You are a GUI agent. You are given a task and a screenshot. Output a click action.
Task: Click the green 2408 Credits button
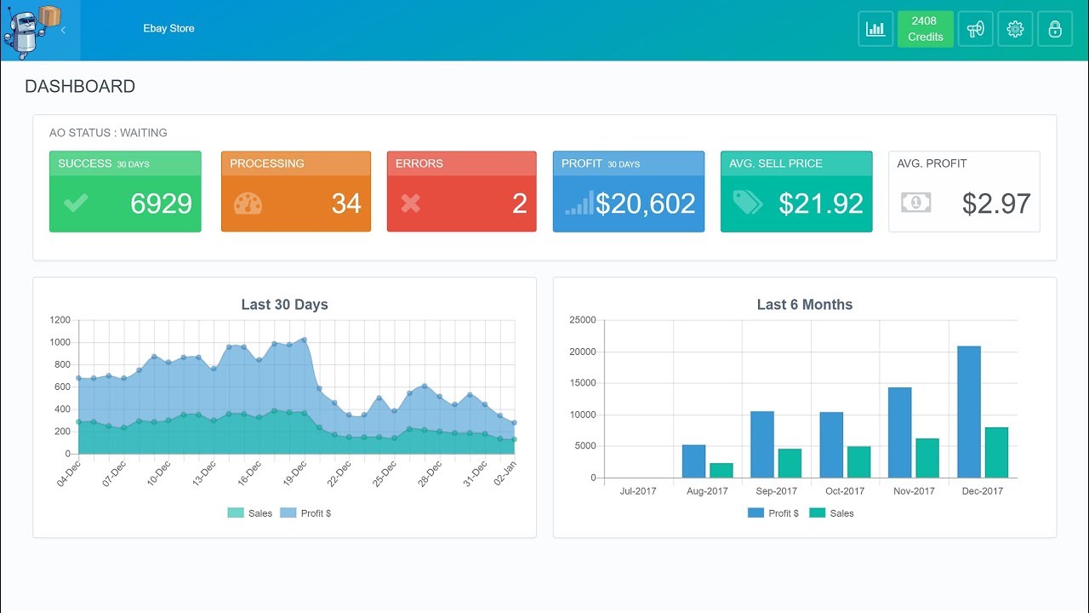(x=925, y=29)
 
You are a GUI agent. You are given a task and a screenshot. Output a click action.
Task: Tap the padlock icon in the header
(x=1055, y=29)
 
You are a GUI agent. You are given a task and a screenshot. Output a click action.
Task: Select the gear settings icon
(x=1015, y=29)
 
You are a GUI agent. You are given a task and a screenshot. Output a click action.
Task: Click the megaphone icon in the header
(x=975, y=29)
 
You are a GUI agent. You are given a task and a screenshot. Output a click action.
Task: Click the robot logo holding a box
(x=32, y=31)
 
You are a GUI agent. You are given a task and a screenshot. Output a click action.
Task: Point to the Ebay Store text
(x=168, y=28)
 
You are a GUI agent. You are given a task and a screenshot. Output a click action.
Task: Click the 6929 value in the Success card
(x=161, y=203)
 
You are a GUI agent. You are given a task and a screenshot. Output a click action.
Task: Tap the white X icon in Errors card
(x=411, y=203)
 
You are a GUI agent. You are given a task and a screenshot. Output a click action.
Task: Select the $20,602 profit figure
(x=645, y=203)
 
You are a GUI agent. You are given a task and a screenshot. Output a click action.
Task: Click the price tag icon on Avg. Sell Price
(x=747, y=203)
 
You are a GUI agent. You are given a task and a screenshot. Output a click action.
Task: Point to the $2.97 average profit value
(x=996, y=203)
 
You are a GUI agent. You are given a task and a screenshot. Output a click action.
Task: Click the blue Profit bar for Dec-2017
(x=969, y=412)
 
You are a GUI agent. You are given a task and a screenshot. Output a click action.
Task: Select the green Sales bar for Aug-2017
(x=721, y=470)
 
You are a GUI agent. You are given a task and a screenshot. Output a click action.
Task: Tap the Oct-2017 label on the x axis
(x=845, y=491)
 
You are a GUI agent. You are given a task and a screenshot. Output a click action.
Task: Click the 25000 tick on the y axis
(x=582, y=320)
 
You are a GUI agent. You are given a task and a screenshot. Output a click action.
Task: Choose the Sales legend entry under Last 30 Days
(x=250, y=513)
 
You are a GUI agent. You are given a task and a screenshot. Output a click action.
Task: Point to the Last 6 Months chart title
(x=804, y=304)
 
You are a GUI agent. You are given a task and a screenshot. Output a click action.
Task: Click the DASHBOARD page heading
(x=80, y=86)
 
